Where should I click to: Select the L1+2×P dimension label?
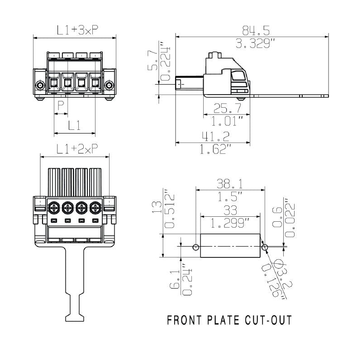click(75, 149)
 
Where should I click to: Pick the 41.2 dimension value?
click(216, 136)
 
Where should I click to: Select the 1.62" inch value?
click(216, 149)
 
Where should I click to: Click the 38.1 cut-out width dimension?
click(229, 183)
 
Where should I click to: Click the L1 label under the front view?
click(75, 126)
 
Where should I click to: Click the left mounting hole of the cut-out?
click(195, 247)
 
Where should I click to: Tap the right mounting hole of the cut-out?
click(264, 247)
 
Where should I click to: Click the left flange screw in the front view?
click(40, 86)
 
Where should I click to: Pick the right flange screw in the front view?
click(109, 86)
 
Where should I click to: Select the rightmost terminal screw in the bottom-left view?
click(95, 208)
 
